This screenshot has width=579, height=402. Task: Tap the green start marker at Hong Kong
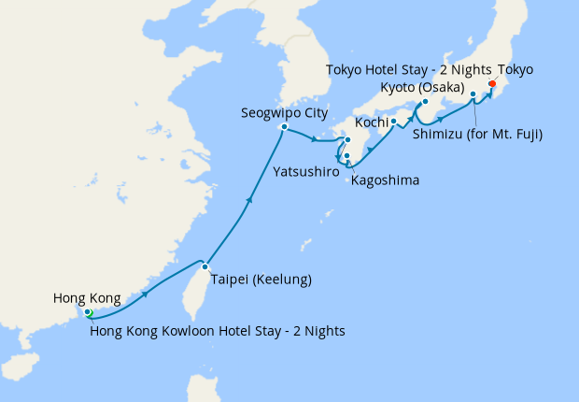coord(88,313)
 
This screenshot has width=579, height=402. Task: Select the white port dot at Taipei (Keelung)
coord(205,266)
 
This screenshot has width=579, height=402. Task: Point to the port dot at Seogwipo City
coord(284,126)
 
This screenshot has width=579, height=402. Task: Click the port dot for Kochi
coord(393,122)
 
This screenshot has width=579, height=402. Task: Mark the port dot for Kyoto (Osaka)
coord(424,102)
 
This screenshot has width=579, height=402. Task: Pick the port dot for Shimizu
coord(473,94)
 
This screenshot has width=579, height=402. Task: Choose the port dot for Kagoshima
coord(346,156)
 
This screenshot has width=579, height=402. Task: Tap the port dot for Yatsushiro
coord(346,141)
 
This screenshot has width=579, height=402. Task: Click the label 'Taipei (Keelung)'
coord(261,280)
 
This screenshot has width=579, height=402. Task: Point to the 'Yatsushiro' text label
coord(306,172)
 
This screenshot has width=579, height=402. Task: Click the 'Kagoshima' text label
coord(385,179)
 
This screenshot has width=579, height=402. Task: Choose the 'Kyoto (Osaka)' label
coord(423,86)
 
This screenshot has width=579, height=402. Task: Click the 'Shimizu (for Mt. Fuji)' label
coord(477,134)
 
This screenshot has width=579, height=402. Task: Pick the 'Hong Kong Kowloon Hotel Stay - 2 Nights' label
coord(218,329)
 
